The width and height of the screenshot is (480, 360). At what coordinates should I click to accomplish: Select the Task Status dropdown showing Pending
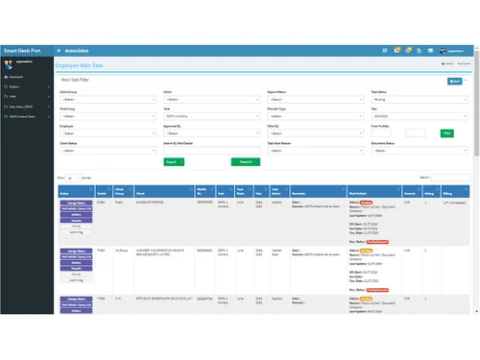click(x=419, y=99)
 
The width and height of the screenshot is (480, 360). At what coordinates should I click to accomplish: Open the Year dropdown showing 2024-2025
click(x=419, y=116)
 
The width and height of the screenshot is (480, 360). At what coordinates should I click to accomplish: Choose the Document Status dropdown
click(x=419, y=150)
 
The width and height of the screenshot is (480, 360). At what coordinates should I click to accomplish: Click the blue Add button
click(x=455, y=82)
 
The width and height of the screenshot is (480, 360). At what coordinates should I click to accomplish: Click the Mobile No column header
click(x=204, y=190)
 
